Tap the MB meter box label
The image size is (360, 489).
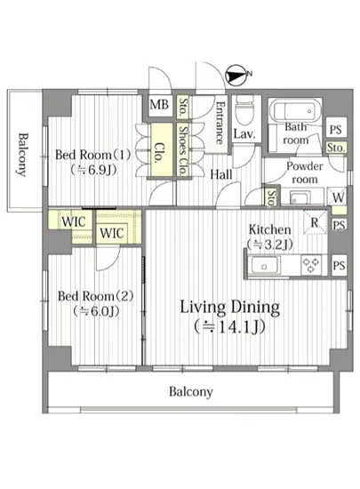pos(159,105)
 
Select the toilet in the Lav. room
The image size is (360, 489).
pos(244,110)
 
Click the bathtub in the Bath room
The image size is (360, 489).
pos(294,111)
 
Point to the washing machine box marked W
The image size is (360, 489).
pos(337,196)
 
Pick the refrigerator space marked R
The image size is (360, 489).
pos(316,221)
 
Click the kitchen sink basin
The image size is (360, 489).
pos(264,266)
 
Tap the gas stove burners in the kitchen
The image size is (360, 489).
pos(311,266)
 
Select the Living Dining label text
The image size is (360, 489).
pos(230,308)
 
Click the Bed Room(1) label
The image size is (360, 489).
pos(92,155)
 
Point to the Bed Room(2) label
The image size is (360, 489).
pos(96,296)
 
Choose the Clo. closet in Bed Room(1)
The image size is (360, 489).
pos(162,150)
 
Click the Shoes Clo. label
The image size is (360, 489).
pos(183,150)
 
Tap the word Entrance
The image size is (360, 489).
pos(220,123)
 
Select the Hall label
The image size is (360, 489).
pos(221,174)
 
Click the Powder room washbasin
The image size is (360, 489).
pos(300,198)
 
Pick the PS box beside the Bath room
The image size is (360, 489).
pos(336,129)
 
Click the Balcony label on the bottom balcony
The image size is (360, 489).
pos(191,392)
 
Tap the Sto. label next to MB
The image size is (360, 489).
pos(183,107)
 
